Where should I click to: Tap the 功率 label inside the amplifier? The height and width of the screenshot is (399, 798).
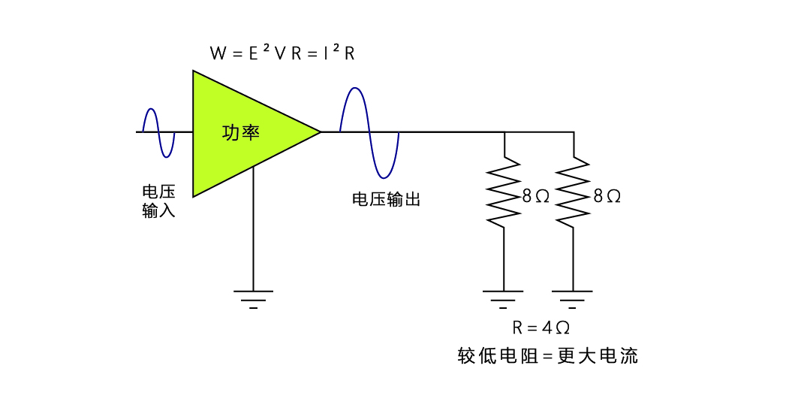point(241,132)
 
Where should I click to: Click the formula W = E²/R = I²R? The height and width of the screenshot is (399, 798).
point(282,53)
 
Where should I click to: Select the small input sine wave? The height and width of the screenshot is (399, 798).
point(158,132)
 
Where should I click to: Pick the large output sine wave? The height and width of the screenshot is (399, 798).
point(369,132)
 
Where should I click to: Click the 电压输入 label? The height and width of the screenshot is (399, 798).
point(158,201)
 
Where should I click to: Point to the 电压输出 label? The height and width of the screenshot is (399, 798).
point(386,199)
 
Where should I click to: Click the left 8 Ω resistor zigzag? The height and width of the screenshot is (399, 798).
point(503,191)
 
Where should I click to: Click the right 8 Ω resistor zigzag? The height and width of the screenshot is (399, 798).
point(574,191)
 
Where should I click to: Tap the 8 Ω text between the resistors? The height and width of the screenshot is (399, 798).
point(536,196)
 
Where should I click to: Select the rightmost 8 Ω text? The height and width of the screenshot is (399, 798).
point(607,196)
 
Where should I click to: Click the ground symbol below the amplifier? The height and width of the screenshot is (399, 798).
point(253,298)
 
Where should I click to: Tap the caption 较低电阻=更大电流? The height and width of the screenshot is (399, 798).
point(547,355)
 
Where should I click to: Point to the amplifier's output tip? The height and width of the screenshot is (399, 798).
point(320,132)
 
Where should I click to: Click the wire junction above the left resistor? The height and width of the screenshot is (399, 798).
point(503,132)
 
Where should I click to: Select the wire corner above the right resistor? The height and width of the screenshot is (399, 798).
point(574,132)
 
